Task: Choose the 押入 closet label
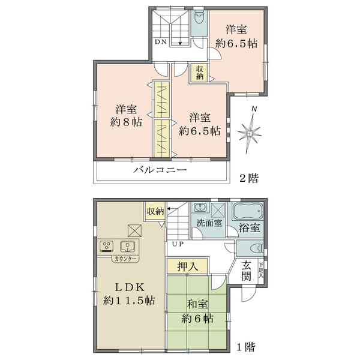[188, 265]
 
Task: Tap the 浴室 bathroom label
[249, 228]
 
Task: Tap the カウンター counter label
[125, 259]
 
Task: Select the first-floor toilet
[250, 249]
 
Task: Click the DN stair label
[160, 42]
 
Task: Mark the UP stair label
[178, 244]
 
